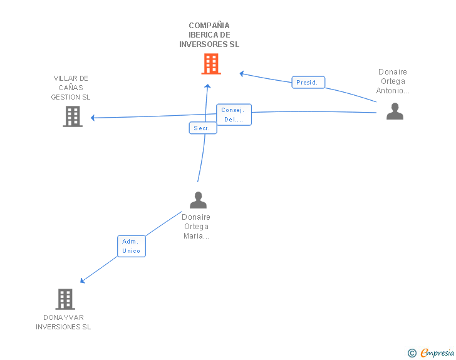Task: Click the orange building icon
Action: click(211, 64)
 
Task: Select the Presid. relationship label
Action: click(308, 82)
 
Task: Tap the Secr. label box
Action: click(202, 128)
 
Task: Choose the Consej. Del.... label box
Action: click(234, 115)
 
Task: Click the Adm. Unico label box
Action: click(132, 246)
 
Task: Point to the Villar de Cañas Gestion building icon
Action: click(73, 116)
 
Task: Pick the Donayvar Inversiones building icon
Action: click(65, 299)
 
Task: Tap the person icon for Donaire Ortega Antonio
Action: click(395, 111)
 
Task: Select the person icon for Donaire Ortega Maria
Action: click(198, 200)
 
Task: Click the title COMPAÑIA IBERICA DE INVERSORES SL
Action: click(209, 35)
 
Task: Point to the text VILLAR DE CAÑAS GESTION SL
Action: click(71, 88)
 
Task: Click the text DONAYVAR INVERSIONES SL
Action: click(63, 322)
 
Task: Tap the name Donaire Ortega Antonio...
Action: click(393, 81)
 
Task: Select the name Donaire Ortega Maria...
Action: click(196, 227)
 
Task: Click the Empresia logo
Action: click(437, 353)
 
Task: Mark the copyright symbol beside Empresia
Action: click(412, 353)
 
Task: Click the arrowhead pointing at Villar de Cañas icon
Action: click(93, 118)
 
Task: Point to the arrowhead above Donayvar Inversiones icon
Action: click(83, 280)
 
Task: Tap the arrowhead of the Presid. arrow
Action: click(242, 73)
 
